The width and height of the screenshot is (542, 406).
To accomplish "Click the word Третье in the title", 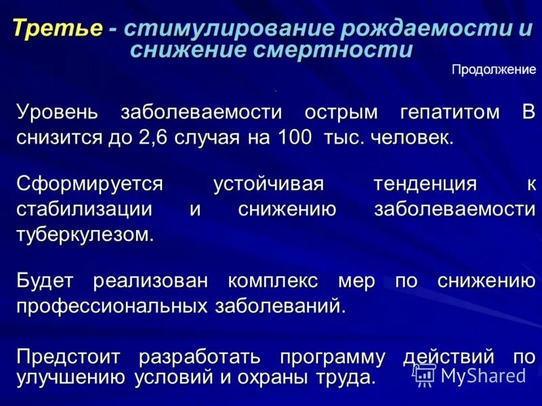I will (x=58, y=28).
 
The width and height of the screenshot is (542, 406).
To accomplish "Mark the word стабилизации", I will (x=85, y=209).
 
